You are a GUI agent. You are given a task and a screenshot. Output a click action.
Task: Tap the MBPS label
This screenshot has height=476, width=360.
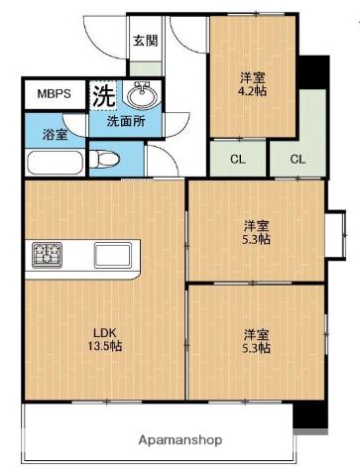(55, 94)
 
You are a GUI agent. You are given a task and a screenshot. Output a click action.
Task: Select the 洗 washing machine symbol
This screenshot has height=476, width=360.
(103, 95)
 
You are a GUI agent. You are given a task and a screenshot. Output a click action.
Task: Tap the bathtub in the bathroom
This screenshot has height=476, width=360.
(55, 161)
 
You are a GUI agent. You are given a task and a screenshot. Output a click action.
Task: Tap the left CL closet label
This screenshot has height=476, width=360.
(237, 159)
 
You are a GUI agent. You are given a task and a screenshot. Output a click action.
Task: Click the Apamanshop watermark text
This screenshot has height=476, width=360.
(180, 438)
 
